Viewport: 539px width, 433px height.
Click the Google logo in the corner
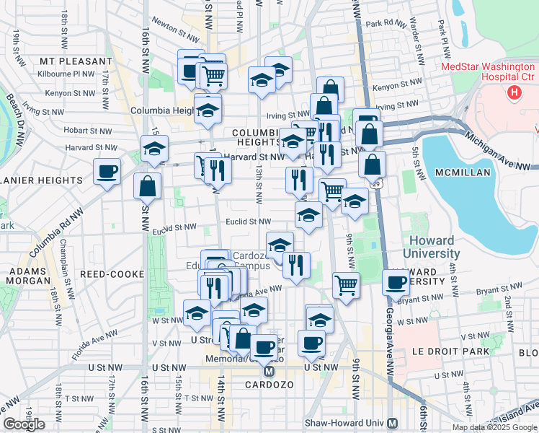pos(24,424)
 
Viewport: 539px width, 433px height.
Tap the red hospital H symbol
pos(514,92)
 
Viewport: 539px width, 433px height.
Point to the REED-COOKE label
pos(107,274)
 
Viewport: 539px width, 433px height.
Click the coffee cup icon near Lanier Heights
pos(107,172)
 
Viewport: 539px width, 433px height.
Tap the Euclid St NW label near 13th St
pos(249,222)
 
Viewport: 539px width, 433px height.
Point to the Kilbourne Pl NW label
pos(68,74)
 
